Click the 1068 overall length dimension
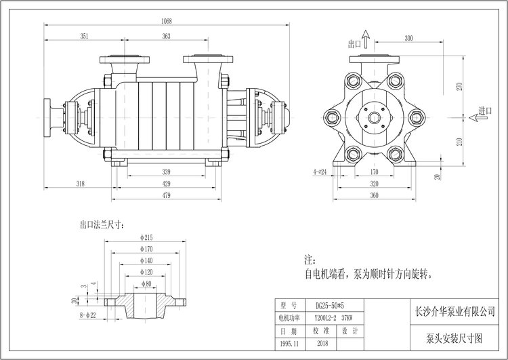[167, 21]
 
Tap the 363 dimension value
[167, 36]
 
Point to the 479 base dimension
[167, 195]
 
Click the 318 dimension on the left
[81, 184]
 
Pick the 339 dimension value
[167, 172]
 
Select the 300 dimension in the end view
[408, 38]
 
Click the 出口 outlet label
[354, 44]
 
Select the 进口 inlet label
[484, 111]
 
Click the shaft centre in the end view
[374, 117]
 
